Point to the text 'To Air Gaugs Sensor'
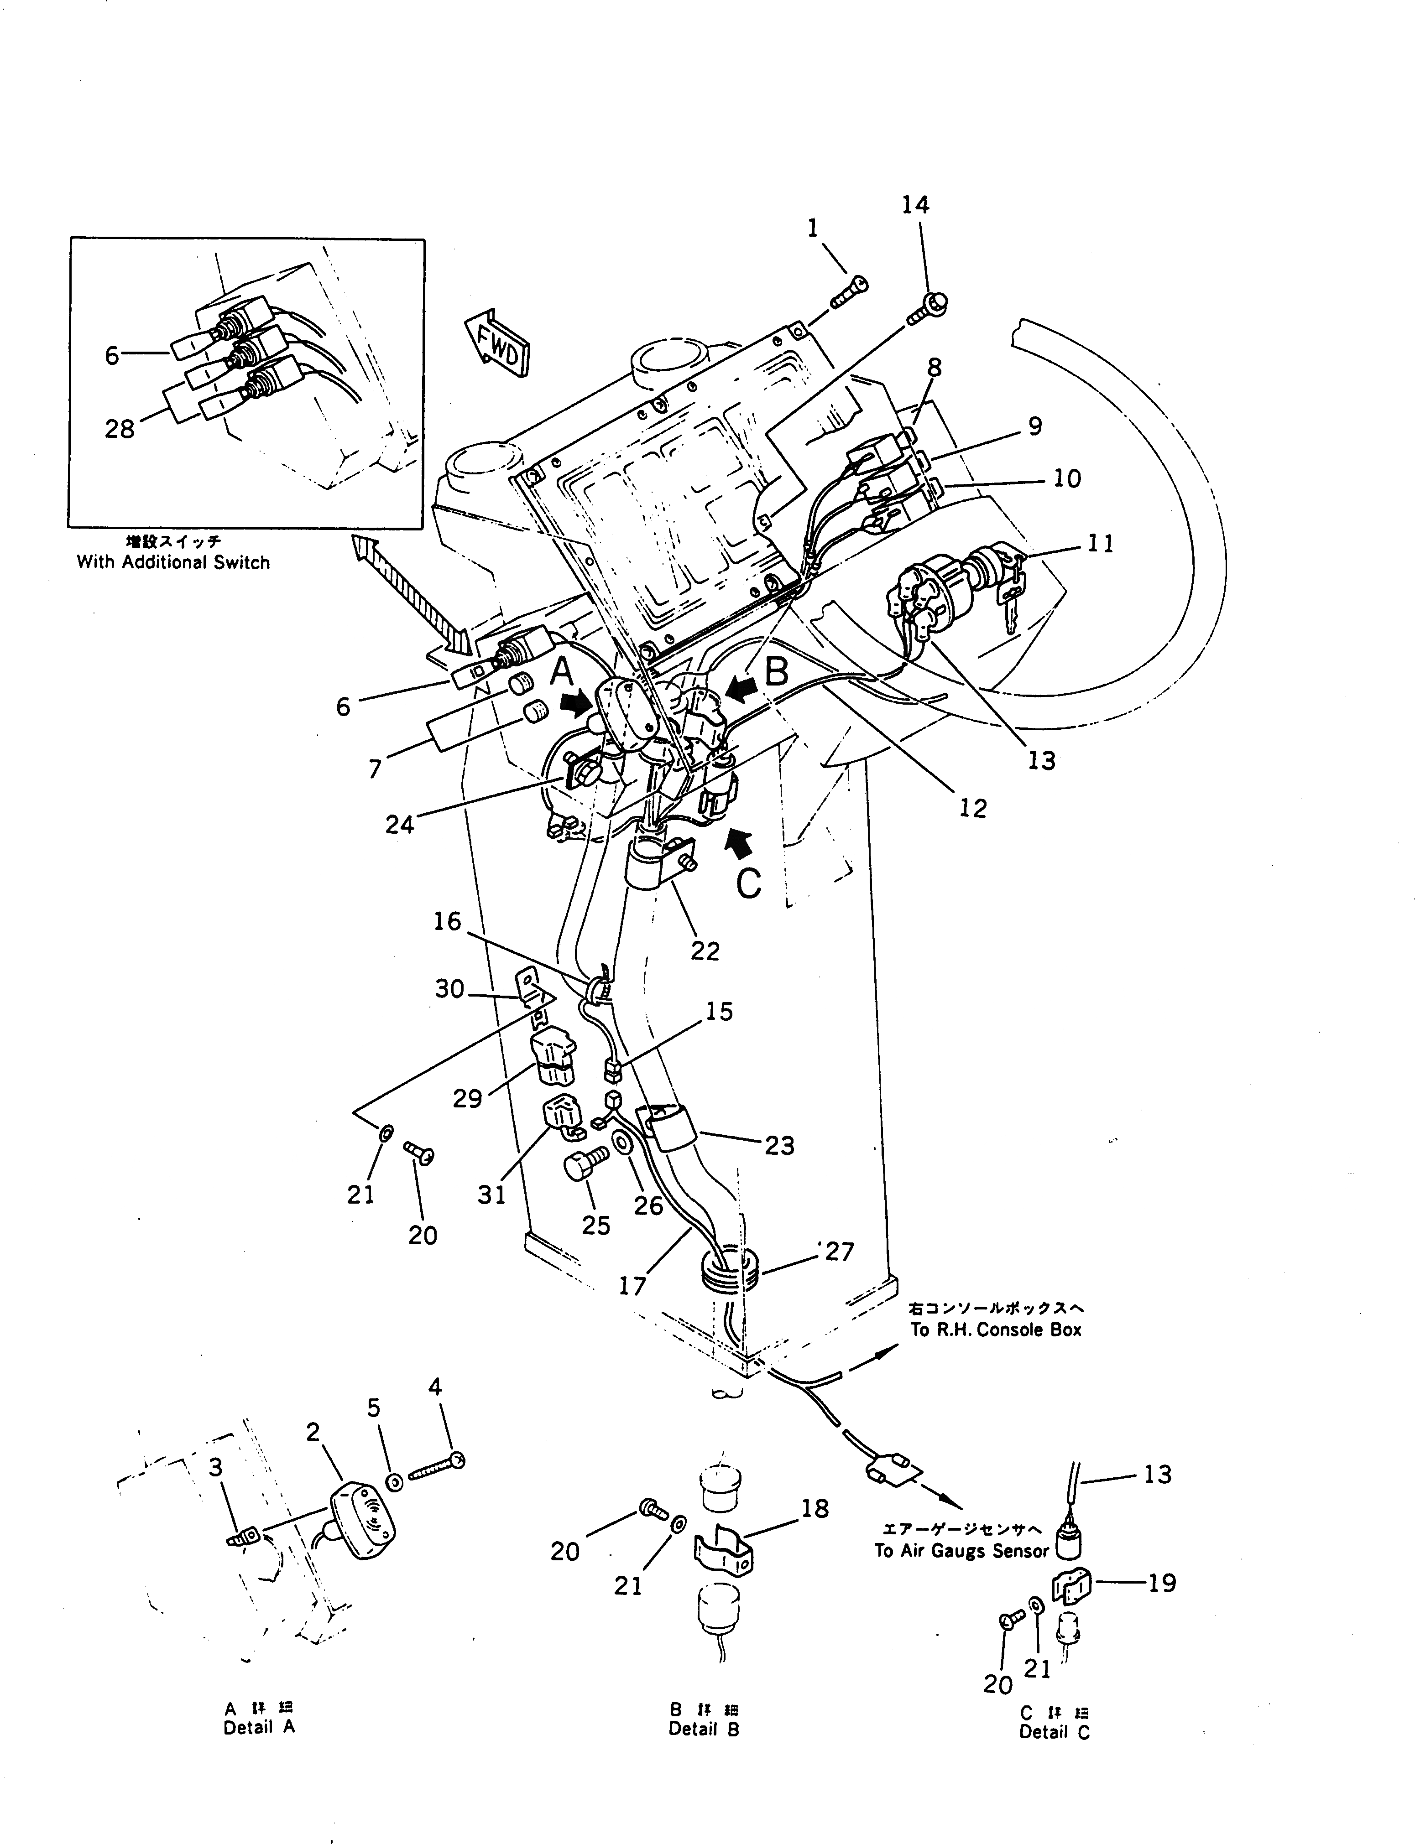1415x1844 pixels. [961, 1551]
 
